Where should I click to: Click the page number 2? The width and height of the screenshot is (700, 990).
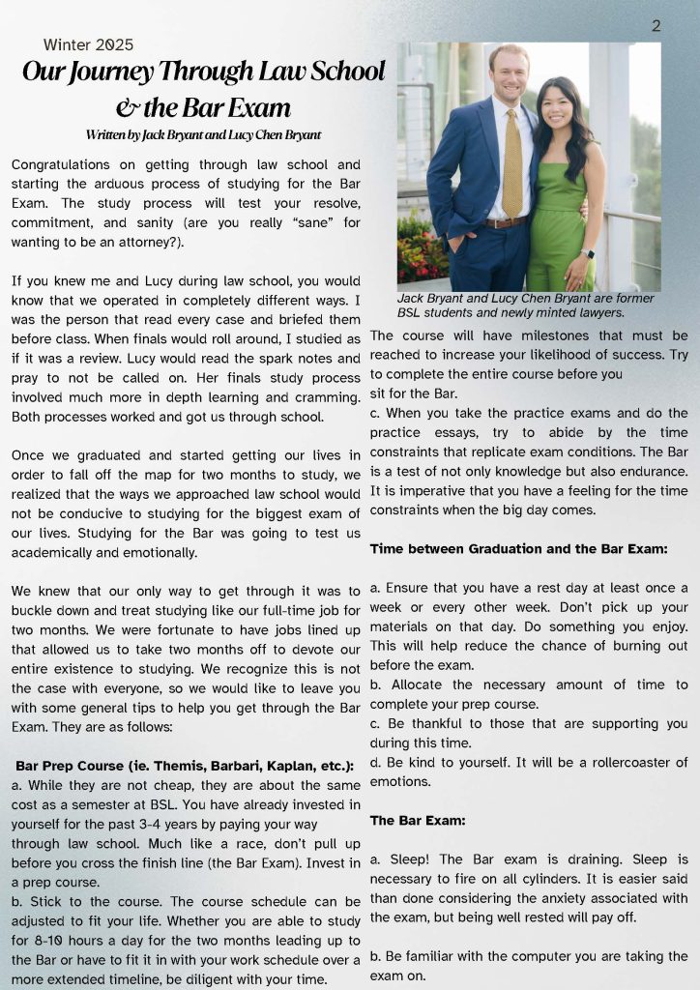[656, 26]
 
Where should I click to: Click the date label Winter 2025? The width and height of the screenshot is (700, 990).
[88, 44]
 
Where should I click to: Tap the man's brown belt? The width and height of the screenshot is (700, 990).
[506, 222]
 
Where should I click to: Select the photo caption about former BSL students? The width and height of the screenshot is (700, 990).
[525, 306]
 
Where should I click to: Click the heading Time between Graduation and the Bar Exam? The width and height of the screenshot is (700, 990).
[519, 549]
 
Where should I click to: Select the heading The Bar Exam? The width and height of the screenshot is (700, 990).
[418, 820]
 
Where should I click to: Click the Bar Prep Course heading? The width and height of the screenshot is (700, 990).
[185, 766]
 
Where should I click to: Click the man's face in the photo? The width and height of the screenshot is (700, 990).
[509, 74]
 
